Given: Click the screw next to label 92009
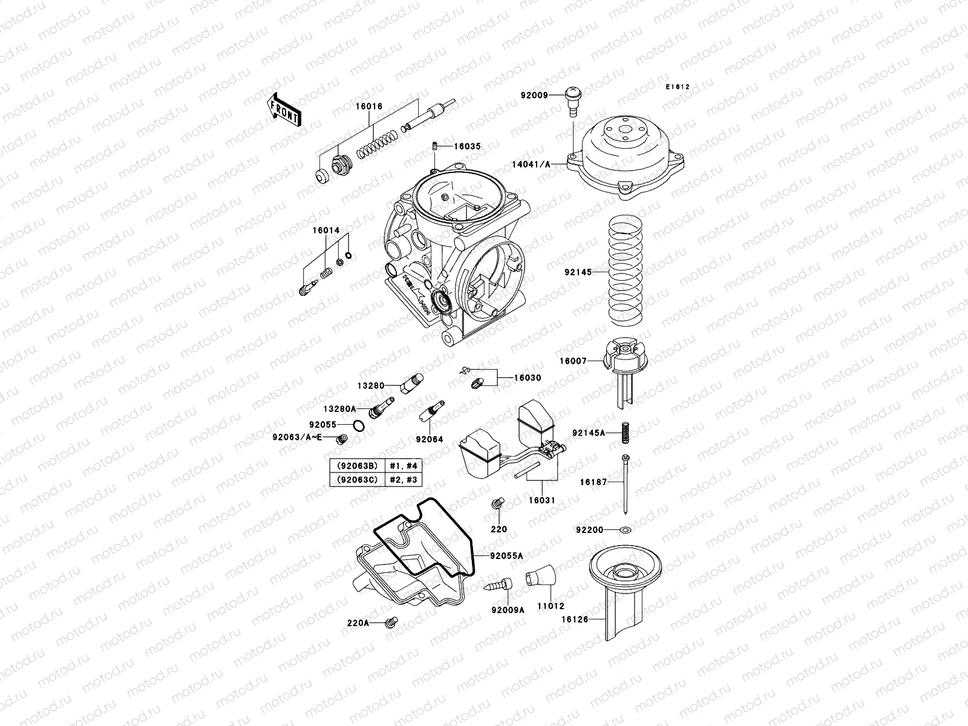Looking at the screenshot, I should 571,99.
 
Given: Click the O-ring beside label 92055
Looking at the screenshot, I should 358,426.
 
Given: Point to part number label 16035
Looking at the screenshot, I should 466,146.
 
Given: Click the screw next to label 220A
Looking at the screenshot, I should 391,621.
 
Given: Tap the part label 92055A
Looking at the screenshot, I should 506,555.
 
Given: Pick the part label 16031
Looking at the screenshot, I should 541,501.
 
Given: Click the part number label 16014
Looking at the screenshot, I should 325,231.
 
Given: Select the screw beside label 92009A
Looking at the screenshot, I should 499,585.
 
